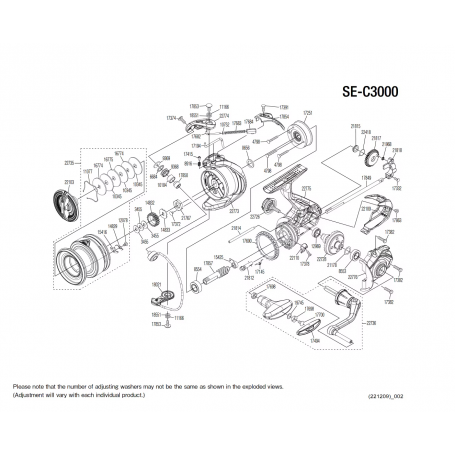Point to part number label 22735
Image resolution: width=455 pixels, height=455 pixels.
pyautogui.click(x=70, y=161)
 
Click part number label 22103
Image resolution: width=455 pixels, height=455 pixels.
pyautogui.click(x=69, y=181)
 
